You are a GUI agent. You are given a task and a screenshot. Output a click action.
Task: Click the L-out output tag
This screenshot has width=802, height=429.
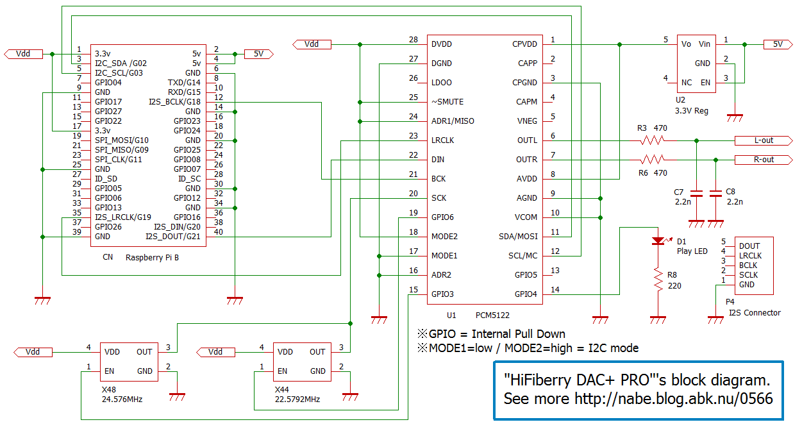coord(764,140)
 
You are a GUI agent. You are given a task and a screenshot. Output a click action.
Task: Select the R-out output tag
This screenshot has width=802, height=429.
coord(764,160)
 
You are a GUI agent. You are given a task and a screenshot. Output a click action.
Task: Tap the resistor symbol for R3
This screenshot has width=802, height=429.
coord(653,140)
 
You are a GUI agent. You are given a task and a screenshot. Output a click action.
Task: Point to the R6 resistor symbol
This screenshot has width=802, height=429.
coord(653,160)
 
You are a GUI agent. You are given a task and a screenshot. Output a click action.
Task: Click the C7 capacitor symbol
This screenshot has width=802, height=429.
coord(696,194)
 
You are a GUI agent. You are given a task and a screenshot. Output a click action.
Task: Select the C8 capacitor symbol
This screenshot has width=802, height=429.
coord(715,194)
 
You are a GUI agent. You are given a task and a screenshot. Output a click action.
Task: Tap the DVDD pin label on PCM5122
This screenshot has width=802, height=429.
coord(442,44)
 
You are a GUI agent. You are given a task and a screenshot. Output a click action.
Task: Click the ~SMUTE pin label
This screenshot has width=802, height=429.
coord(447,102)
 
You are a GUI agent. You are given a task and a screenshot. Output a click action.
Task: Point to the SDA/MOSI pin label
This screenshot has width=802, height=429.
coord(518,237)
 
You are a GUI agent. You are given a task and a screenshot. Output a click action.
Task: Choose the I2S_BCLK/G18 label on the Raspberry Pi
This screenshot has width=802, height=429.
coord(175,102)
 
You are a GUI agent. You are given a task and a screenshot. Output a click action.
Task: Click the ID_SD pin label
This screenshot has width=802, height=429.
coord(106,179)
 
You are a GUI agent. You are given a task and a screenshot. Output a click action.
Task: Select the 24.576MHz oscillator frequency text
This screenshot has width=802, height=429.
coord(122,400)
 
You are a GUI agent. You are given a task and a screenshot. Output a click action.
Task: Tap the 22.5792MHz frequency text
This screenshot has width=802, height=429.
coord(297,400)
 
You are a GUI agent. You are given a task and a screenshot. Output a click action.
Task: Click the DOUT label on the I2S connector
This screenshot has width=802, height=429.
coord(749,246)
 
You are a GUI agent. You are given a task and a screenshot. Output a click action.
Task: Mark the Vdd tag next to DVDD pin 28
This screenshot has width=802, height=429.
coord(312,44)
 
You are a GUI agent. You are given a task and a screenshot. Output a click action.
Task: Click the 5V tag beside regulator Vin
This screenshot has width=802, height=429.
coord(778,44)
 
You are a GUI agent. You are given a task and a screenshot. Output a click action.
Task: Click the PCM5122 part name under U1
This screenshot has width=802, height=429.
coord(492,315)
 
